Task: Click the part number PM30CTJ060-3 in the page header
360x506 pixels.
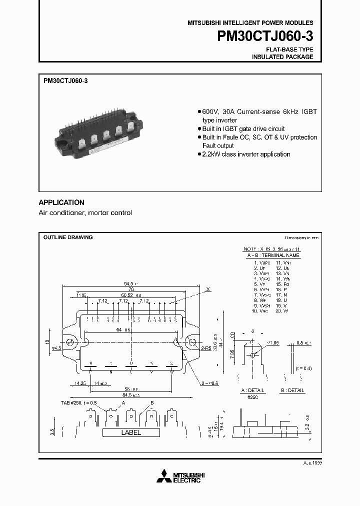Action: click(x=265, y=36)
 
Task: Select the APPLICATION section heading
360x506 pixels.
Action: click(x=61, y=202)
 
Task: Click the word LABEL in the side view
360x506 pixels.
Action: click(x=131, y=432)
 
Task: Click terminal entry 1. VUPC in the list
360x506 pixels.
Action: click(x=261, y=262)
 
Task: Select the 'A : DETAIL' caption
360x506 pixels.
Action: click(x=252, y=390)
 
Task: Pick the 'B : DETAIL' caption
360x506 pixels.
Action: click(x=292, y=390)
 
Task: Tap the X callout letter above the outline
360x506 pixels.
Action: click(x=208, y=289)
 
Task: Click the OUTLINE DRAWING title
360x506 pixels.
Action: click(x=67, y=237)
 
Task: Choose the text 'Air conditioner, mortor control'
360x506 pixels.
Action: click(x=85, y=212)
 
